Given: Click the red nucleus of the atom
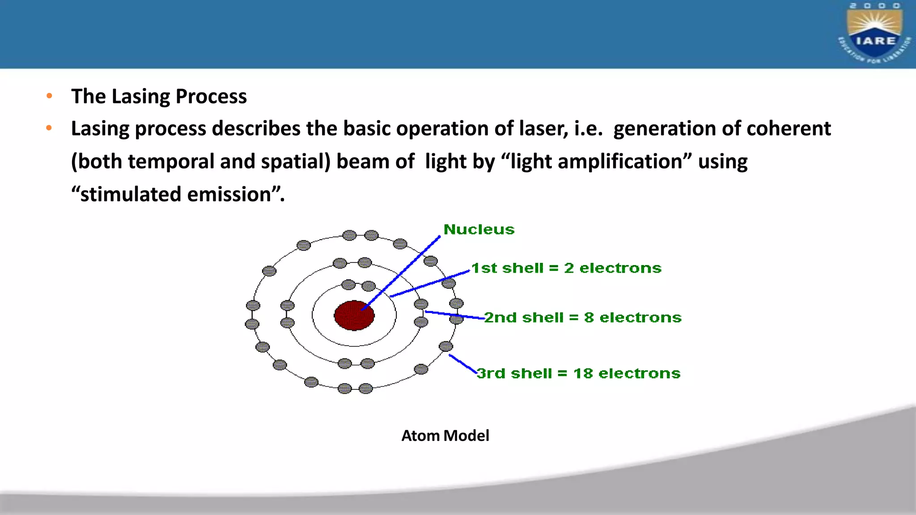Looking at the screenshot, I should click(354, 316).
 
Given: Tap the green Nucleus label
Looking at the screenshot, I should click(479, 229).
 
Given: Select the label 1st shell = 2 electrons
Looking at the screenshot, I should click(566, 268).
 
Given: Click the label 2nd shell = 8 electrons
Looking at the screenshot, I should click(583, 317).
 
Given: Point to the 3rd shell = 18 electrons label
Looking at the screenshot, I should click(578, 373).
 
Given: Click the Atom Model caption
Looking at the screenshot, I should click(445, 435).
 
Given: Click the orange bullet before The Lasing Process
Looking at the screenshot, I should click(49, 96).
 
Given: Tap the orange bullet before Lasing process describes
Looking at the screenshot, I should click(49, 128).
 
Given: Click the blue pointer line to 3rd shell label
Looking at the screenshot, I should click(463, 364).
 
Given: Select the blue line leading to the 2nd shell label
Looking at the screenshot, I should click(454, 315).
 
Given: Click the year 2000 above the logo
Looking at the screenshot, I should click(875, 6).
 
